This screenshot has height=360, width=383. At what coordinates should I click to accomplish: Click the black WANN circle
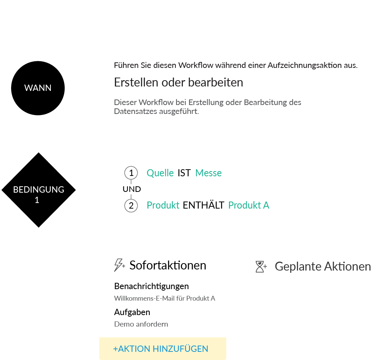point(38,88)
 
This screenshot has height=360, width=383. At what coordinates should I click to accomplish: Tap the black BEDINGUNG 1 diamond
point(39,190)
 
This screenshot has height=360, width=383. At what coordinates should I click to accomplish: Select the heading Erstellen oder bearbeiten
point(178,82)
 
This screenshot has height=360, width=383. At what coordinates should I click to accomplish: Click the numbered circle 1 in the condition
point(131,173)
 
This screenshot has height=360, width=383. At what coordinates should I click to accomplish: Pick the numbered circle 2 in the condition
point(131,205)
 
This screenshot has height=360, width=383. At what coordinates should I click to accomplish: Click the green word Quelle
point(160,173)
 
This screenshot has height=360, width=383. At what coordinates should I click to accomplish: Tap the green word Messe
point(208,173)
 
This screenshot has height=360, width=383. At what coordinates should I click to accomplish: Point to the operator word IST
point(184,173)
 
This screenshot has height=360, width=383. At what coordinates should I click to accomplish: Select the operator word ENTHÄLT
point(204,205)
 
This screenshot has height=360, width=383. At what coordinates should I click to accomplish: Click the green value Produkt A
point(248,205)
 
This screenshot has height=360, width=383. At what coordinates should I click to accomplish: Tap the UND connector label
point(132,189)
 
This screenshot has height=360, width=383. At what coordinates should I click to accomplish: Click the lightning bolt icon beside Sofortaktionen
point(119,265)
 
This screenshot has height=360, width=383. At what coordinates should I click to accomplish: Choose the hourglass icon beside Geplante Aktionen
point(261,266)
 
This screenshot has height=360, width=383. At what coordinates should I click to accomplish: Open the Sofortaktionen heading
point(168,265)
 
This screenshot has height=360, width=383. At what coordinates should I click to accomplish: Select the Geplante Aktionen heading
point(323,266)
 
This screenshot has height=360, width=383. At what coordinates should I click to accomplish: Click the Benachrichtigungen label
point(151,286)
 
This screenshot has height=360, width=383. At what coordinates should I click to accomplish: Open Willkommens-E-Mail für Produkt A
point(165,298)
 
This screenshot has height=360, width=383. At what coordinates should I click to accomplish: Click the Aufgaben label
point(132,312)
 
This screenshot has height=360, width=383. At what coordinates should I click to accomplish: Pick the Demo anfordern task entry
point(141,324)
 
